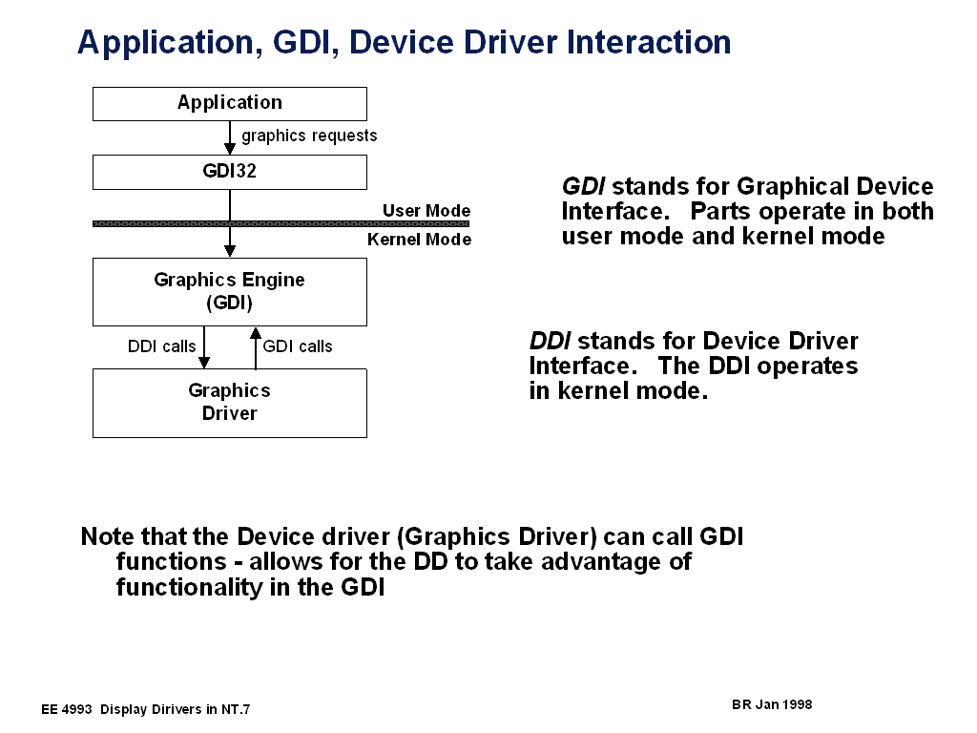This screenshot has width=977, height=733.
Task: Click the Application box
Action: (x=229, y=103)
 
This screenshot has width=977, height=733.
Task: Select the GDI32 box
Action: (x=229, y=172)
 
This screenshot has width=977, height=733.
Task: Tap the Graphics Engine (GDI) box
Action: (x=229, y=292)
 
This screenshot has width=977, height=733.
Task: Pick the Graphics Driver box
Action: (x=229, y=403)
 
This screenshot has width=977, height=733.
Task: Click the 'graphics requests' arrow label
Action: (x=309, y=136)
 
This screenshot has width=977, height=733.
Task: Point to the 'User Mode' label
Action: (x=426, y=211)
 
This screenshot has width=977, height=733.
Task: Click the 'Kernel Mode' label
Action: (x=419, y=240)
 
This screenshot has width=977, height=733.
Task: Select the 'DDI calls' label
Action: (x=161, y=346)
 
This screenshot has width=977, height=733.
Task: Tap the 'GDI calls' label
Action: (x=298, y=346)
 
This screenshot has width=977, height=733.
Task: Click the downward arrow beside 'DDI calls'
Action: (x=204, y=347)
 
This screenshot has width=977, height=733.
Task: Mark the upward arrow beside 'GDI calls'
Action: (x=255, y=347)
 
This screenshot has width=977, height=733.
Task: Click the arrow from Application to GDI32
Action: (x=230, y=138)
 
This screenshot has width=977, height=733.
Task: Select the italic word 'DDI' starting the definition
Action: (x=551, y=342)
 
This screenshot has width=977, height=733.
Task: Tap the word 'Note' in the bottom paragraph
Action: (x=108, y=536)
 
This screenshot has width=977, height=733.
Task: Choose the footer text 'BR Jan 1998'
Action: (x=772, y=704)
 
